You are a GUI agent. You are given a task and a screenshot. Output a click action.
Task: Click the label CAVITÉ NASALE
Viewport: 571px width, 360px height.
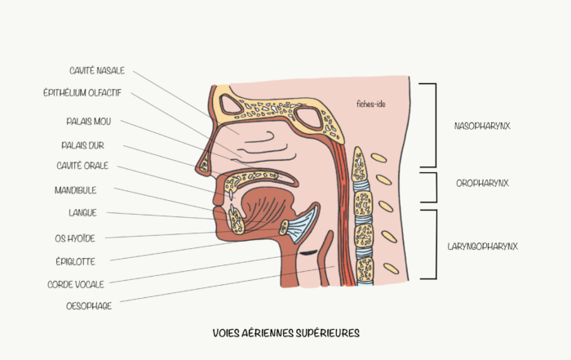97,71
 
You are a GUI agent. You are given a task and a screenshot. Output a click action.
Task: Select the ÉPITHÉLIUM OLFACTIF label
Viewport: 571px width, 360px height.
82,93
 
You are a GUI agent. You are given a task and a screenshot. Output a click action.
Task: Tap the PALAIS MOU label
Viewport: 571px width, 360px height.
88,122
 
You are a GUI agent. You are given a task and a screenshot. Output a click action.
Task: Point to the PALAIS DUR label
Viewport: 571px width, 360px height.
82,146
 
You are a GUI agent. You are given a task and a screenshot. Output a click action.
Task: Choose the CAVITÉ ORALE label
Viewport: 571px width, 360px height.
82,166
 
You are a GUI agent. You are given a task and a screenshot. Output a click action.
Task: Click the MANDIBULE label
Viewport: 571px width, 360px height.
75,190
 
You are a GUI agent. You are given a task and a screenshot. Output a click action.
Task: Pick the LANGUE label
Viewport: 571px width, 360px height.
82,213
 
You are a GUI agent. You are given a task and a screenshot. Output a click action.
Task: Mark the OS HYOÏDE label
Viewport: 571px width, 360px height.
75,238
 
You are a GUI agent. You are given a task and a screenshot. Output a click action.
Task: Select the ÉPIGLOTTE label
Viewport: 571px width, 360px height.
75,261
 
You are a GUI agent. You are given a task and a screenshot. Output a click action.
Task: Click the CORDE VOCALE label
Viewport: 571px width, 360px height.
76,284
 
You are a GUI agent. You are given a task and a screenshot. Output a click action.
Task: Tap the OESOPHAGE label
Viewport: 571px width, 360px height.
89,306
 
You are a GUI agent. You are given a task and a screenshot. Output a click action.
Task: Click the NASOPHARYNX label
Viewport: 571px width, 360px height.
482,126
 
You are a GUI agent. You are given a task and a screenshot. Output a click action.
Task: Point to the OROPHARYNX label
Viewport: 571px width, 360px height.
482,184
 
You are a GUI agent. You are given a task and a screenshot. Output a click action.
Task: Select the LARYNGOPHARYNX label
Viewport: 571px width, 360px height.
483,247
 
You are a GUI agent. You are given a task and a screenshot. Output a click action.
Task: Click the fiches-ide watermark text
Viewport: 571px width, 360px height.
370,104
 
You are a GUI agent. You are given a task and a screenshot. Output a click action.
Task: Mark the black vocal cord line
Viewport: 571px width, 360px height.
308,252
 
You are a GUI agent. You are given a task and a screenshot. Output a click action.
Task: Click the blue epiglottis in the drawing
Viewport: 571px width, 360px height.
303,225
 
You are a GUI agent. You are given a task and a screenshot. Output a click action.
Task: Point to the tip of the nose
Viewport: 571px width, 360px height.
197,168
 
